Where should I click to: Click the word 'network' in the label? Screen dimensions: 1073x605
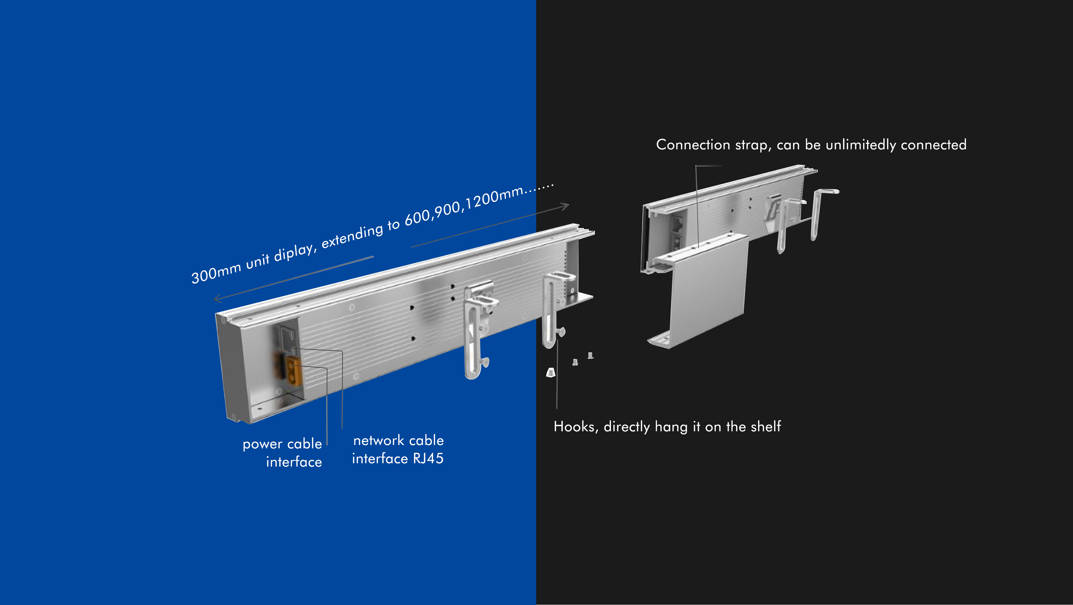379,440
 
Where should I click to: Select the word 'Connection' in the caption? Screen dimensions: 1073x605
693,144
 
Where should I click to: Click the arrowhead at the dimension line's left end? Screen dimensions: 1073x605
217,298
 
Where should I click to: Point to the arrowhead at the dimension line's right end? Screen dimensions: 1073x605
564,206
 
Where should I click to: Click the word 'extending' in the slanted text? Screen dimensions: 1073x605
352,236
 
